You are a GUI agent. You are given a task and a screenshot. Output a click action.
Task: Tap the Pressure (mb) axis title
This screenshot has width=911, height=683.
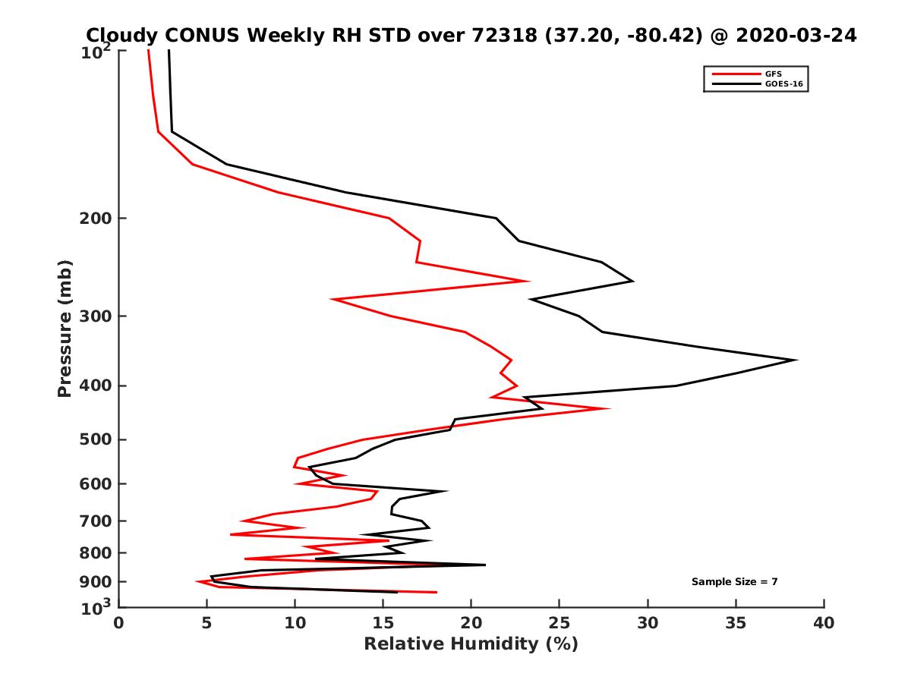65,328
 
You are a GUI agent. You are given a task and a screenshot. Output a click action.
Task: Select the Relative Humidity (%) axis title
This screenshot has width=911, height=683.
471,644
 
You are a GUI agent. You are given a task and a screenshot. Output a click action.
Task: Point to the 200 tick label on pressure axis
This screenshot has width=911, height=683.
96,219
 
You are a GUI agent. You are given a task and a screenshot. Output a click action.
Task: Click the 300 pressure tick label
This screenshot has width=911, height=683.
96,316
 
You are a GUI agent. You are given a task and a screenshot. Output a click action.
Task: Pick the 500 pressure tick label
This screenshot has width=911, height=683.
96,439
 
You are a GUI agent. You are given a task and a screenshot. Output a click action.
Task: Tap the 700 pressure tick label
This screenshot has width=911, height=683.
96,521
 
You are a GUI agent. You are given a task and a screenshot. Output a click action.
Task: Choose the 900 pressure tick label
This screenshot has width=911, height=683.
96,582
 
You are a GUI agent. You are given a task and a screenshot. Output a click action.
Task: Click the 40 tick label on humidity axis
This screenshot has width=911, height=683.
824,623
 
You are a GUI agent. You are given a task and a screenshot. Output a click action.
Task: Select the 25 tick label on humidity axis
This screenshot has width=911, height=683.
560,623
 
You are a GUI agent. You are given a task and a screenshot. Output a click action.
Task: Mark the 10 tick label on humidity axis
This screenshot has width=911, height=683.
295,623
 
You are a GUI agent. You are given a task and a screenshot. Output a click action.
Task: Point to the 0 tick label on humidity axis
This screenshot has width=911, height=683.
119,623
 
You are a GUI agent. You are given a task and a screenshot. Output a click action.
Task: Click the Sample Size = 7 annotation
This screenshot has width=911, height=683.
734,582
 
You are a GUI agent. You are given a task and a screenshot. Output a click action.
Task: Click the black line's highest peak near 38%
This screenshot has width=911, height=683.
796,360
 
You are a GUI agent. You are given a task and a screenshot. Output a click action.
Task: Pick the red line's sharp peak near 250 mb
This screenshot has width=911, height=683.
528,281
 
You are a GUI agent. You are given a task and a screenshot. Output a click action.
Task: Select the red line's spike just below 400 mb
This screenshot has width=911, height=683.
608,409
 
